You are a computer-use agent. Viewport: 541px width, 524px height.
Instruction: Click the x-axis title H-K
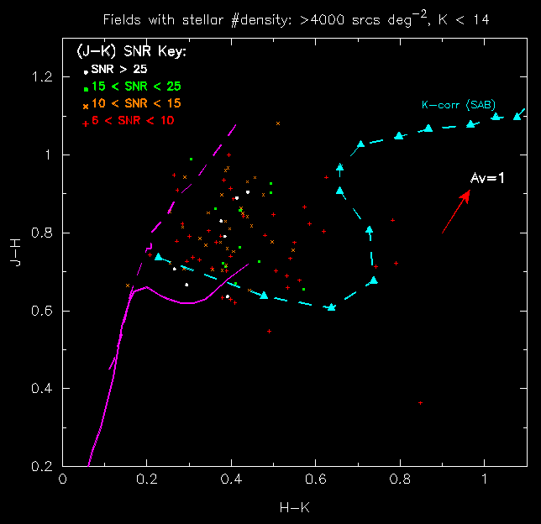pos(294,507)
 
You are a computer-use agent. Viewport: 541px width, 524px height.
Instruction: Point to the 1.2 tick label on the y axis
pos(39,77)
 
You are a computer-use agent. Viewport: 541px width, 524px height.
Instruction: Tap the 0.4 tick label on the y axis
pos(39,389)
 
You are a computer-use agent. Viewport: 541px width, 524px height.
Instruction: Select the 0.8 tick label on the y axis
pos(39,233)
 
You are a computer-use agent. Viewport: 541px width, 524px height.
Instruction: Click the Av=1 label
pos(486,178)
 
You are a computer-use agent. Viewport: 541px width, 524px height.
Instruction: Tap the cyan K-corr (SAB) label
pos(459,105)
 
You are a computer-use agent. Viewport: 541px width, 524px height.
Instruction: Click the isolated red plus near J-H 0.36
pos(420,403)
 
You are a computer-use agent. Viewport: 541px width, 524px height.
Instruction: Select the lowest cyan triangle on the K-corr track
pos(331,307)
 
